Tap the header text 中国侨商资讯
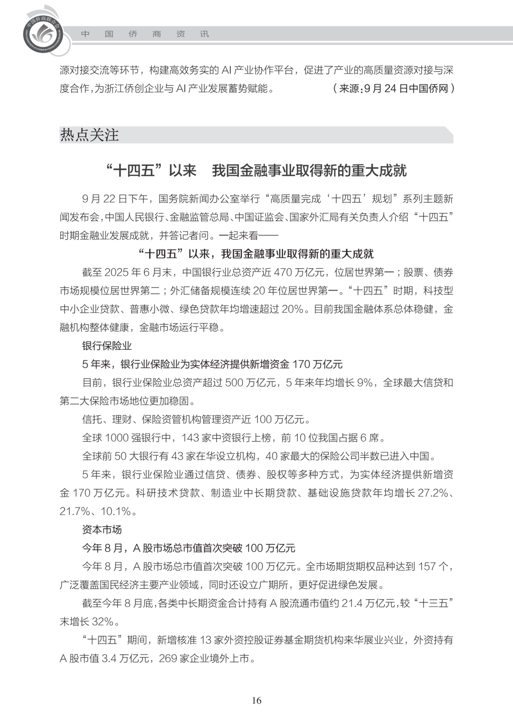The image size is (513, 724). pos(145,34)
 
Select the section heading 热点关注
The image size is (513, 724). pos(89,135)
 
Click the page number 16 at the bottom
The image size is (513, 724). pos(256,701)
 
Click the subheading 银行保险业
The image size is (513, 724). pos(107,346)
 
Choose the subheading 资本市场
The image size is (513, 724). pos(102,529)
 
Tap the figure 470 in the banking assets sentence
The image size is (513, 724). pos(284,273)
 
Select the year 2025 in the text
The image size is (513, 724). pos(117,273)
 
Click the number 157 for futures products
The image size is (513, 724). pos(427,566)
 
